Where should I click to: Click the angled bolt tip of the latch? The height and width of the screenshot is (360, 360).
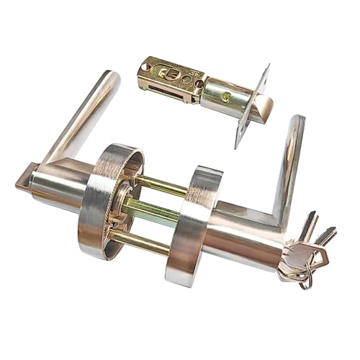click(264, 108)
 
